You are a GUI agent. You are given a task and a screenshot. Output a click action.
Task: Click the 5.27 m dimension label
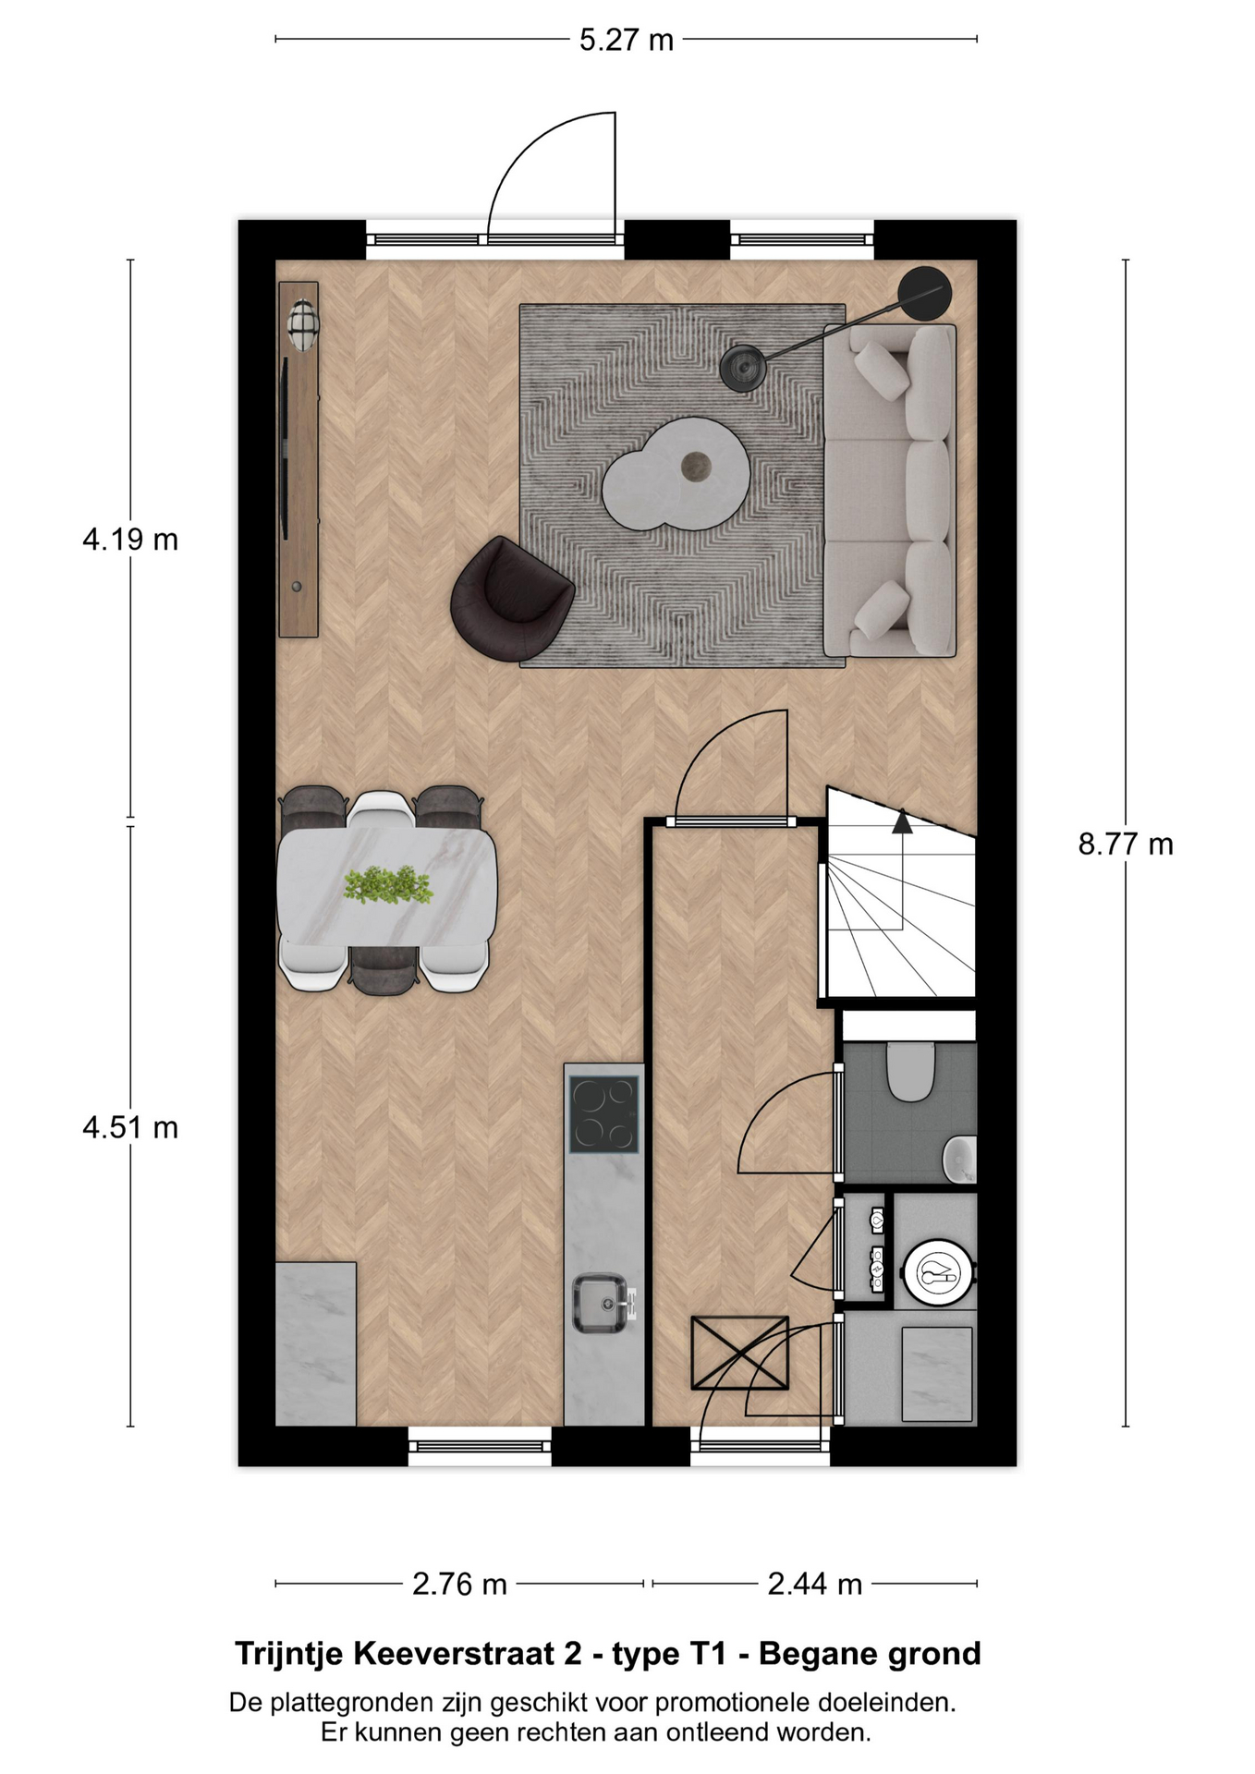point(627,41)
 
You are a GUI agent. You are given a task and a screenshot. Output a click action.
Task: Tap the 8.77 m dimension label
point(1126,844)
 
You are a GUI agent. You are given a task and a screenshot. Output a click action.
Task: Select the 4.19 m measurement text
point(130,540)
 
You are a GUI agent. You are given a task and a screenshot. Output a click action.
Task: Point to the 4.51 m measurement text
point(130,1127)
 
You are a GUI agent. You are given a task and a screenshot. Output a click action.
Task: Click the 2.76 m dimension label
point(459,1585)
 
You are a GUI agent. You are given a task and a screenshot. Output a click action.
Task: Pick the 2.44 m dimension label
point(814,1585)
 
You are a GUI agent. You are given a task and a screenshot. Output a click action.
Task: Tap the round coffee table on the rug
point(676,473)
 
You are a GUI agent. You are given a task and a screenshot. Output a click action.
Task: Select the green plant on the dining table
point(388,884)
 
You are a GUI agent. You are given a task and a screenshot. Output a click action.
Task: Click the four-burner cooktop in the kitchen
point(603,1114)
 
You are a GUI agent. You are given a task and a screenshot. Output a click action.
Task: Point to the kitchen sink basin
point(601,1304)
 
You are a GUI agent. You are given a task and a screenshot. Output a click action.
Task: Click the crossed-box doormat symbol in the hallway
point(739,1353)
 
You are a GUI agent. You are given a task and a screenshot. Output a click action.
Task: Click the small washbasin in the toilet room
point(959,1158)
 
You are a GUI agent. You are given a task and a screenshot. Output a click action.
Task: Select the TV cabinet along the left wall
point(299,459)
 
